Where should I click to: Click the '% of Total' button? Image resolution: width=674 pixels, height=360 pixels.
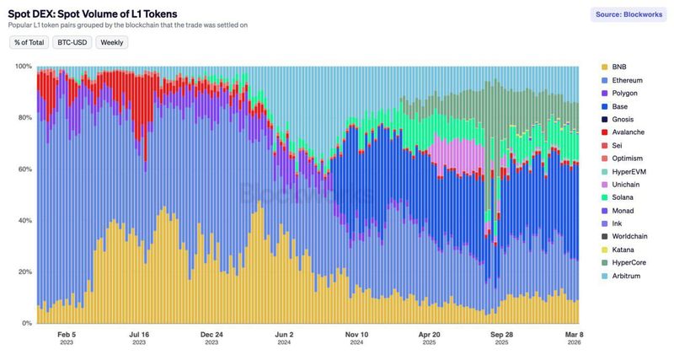coord(29,42)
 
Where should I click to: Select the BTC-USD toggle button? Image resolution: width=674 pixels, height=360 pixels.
coord(72,42)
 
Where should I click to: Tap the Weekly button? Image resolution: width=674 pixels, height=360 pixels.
coord(112,42)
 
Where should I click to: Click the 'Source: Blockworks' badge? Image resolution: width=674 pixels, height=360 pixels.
coord(627,15)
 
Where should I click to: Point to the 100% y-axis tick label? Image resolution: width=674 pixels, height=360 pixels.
coord(23,67)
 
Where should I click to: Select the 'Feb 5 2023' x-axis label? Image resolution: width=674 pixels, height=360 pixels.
coord(67,338)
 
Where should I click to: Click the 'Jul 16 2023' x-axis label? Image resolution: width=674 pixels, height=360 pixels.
coord(139,338)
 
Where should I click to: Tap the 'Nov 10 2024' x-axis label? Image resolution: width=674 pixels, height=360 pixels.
coord(356,338)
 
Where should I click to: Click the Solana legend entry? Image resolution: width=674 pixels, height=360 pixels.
coord(624,197)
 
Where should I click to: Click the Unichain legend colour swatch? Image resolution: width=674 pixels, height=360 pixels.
coord(604,185)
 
